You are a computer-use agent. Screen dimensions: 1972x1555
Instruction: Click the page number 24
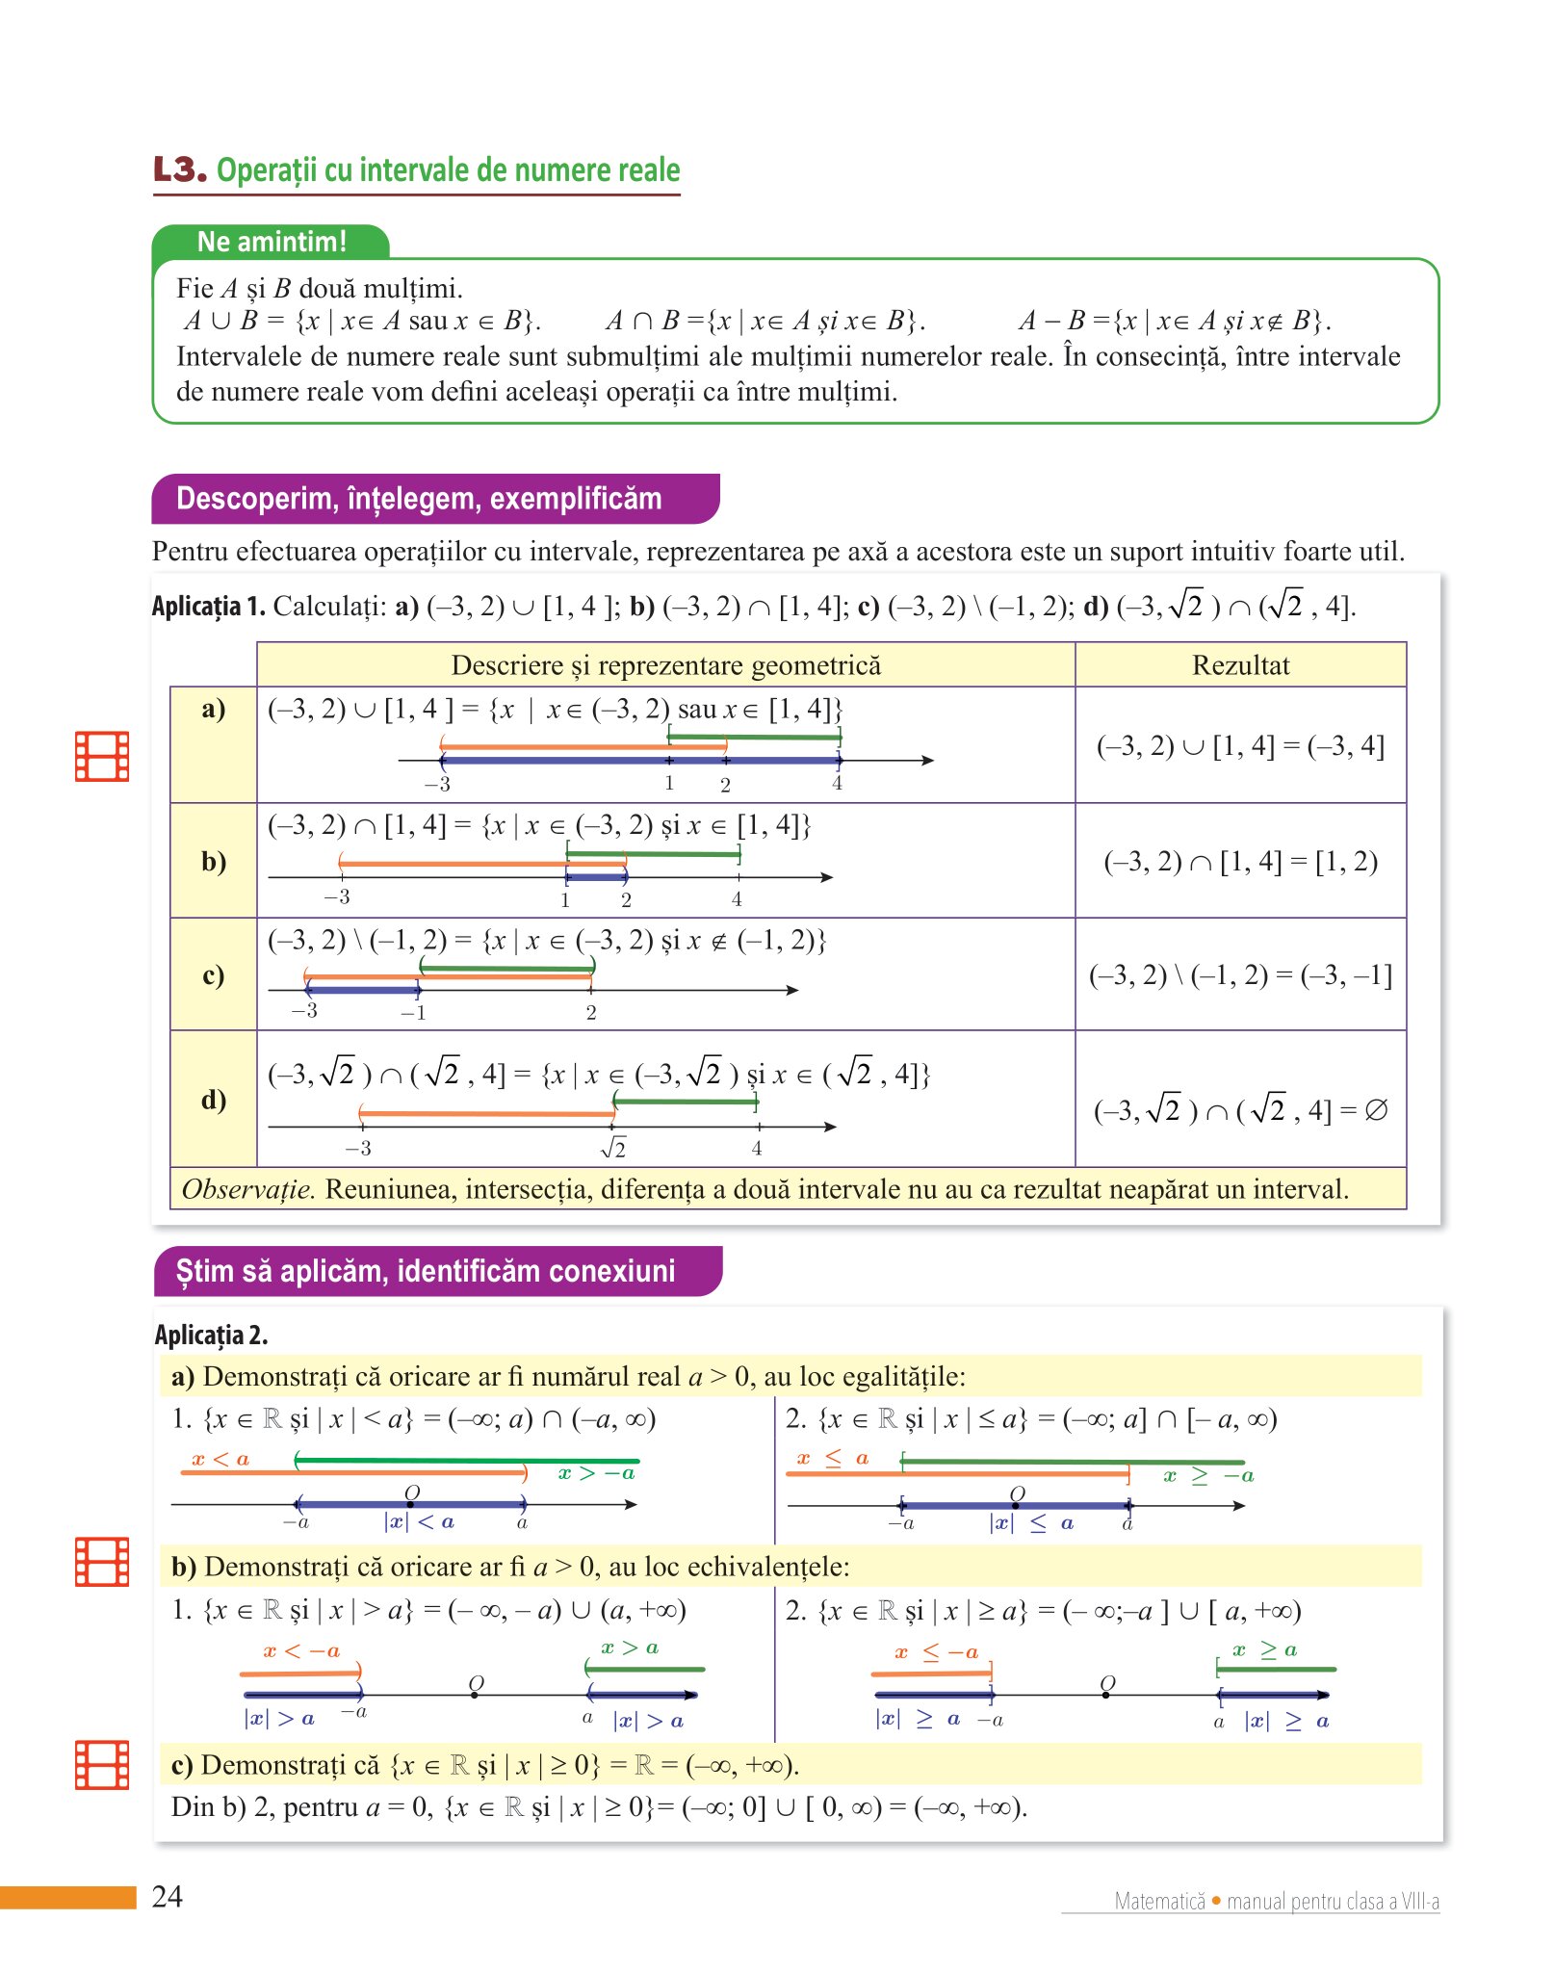tap(168, 1896)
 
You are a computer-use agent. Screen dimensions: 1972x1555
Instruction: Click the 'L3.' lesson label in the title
tap(180, 169)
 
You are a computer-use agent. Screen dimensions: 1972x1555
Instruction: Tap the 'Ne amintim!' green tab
tap(271, 242)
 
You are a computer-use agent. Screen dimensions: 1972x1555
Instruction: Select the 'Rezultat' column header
tap(1240, 665)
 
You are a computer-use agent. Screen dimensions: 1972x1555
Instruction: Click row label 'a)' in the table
tap(213, 710)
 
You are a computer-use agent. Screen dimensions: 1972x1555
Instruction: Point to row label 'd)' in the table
tap(213, 1099)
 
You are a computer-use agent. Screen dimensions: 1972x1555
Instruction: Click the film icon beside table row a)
tap(102, 756)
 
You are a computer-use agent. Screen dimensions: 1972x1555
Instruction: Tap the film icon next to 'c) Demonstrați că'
tap(102, 1765)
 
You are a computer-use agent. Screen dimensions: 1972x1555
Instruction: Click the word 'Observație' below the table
tap(247, 1189)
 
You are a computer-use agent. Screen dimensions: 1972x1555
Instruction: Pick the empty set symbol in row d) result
tap(1377, 1110)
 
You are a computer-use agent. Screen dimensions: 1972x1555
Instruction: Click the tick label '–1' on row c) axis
tap(413, 1013)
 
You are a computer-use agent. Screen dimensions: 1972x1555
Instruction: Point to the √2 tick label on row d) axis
tap(613, 1148)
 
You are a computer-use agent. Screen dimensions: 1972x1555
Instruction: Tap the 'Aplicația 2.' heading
tap(211, 1335)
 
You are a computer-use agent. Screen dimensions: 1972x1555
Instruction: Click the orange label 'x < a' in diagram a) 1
tap(220, 1459)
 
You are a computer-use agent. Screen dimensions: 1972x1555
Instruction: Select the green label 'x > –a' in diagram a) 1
tap(596, 1473)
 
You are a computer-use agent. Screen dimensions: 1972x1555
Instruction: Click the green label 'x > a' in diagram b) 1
tap(630, 1648)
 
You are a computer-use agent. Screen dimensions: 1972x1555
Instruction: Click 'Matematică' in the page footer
tap(1159, 1901)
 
